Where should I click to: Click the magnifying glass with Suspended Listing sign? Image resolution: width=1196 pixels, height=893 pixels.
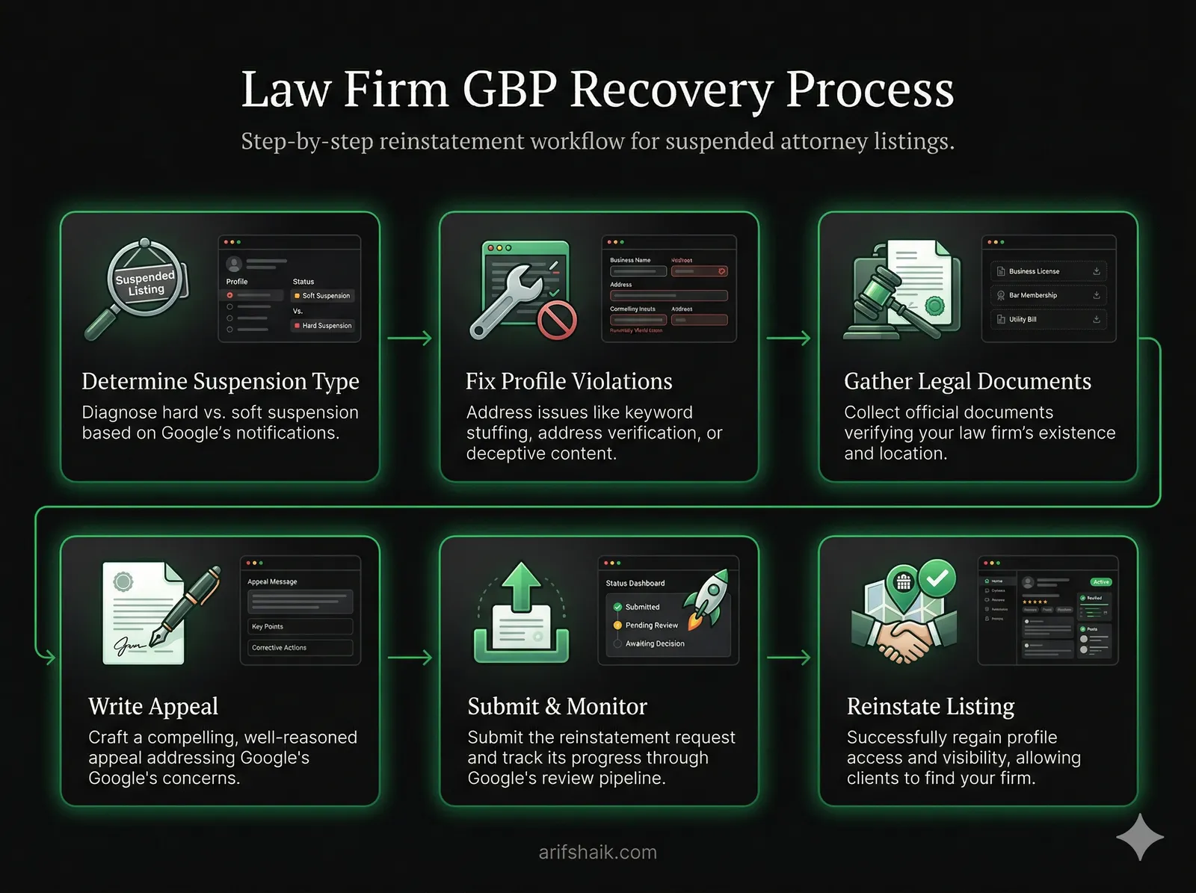click(x=142, y=284)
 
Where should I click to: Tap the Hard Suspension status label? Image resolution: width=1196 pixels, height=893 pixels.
click(x=326, y=326)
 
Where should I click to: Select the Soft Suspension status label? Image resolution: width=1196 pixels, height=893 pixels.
click(x=325, y=296)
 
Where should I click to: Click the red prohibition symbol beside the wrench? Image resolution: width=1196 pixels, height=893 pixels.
click(x=558, y=321)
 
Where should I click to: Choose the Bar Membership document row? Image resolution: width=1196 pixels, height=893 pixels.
click(x=1047, y=295)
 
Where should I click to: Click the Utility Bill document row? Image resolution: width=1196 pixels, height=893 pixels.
click(x=1047, y=319)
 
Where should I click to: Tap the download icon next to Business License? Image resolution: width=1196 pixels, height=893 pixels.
click(x=1096, y=271)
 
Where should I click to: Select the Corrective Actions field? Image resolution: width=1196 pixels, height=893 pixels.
click(x=300, y=648)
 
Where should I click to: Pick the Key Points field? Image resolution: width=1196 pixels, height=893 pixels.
click(x=300, y=626)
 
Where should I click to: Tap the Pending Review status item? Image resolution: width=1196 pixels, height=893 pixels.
click(x=651, y=625)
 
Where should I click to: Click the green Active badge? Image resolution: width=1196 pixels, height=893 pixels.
click(x=1100, y=582)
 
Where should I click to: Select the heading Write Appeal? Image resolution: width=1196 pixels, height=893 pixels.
click(x=153, y=706)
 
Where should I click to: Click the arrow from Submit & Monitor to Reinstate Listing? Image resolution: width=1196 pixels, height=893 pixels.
click(x=788, y=658)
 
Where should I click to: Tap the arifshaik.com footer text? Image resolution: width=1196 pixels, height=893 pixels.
click(x=597, y=852)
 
